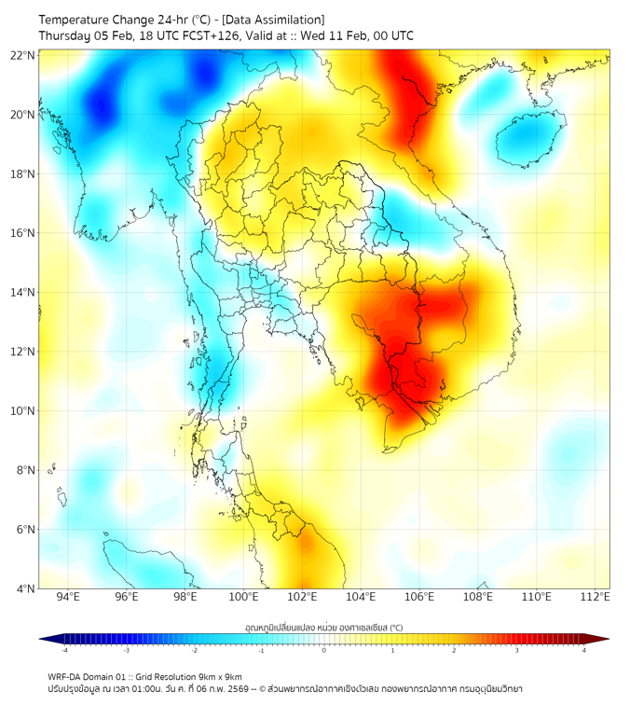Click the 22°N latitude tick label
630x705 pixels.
pyautogui.click(x=23, y=55)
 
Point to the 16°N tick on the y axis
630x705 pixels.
pyautogui.click(x=23, y=233)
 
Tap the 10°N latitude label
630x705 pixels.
pyautogui.click(x=23, y=411)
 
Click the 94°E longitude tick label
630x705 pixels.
pyautogui.click(x=68, y=598)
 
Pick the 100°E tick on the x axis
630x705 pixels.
pyautogui.click(x=244, y=598)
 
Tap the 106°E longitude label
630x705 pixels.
pyautogui.click(x=420, y=598)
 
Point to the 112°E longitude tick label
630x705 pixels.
pyautogui.click(x=596, y=598)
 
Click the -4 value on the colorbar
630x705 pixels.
pyautogui.click(x=64, y=650)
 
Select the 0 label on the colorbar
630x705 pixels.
pyautogui.click(x=324, y=650)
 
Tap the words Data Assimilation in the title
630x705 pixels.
pyautogui.click(x=276, y=20)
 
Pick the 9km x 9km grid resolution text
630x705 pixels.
pyautogui.click(x=216, y=677)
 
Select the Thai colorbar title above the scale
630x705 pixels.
pyautogui.click(x=323, y=627)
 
